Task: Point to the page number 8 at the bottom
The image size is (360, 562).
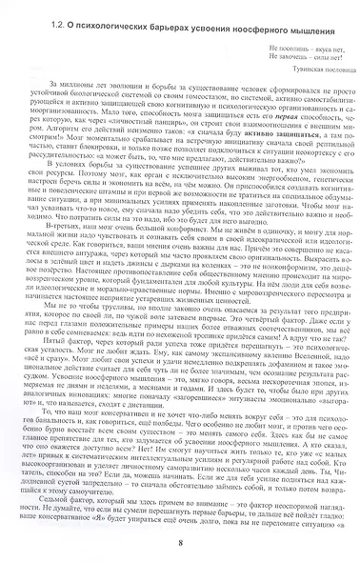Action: (x=180, y=543)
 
